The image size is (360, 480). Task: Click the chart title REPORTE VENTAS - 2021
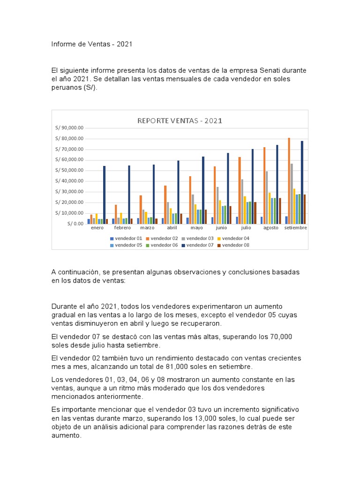click(180, 120)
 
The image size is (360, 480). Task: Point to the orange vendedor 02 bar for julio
click(240, 190)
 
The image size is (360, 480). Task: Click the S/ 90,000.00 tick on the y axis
click(69, 128)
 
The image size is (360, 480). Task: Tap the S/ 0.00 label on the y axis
click(75, 224)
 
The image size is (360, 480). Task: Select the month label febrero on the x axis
click(122, 228)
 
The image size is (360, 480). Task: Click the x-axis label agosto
click(270, 228)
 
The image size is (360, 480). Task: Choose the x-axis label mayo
click(196, 228)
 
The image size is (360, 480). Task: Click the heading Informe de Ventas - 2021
click(92, 45)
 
